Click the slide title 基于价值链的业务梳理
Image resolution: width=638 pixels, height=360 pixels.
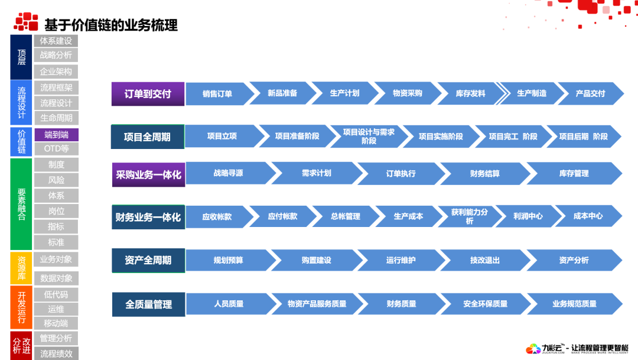click(110, 25)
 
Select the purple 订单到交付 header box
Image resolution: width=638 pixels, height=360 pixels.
click(148, 94)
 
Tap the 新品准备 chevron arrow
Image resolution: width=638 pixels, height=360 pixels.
click(282, 93)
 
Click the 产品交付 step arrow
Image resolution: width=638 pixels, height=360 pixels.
click(590, 93)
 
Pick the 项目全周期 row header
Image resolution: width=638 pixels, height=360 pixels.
click(147, 137)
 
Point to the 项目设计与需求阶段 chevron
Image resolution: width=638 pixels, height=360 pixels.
click(368, 137)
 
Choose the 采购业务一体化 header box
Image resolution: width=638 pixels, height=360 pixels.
click(148, 175)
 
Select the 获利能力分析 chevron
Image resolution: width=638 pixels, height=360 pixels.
click(469, 216)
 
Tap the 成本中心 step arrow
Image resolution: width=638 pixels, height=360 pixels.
click(588, 216)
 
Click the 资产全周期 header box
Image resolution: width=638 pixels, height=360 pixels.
click(148, 260)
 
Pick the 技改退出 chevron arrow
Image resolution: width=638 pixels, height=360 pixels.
click(485, 260)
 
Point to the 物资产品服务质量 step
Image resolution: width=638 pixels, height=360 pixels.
click(317, 304)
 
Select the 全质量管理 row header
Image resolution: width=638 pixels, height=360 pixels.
click(148, 304)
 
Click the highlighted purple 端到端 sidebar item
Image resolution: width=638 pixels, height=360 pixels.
click(56, 135)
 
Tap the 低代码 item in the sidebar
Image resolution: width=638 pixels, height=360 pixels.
click(56, 294)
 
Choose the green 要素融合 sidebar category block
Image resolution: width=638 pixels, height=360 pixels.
click(21, 204)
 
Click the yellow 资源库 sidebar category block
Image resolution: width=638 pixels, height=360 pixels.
click(21, 268)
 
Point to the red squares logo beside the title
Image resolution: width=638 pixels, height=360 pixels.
click(26, 22)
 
